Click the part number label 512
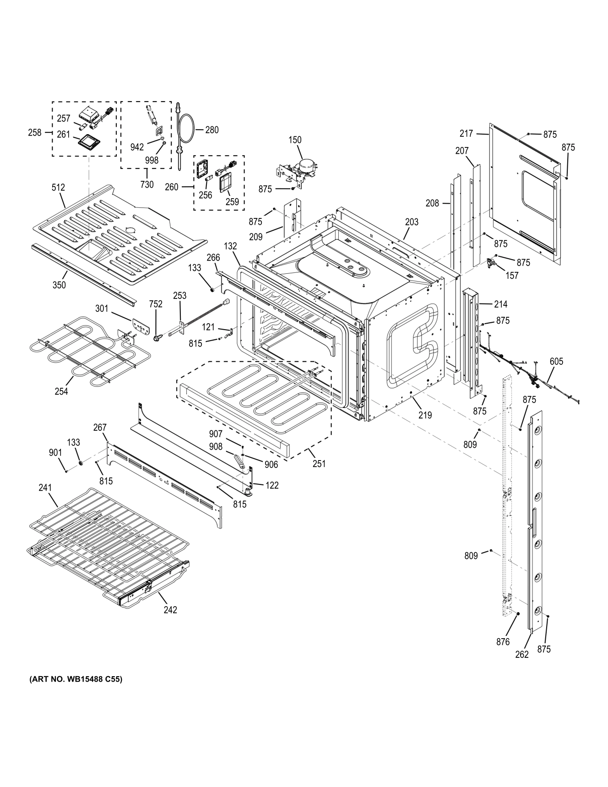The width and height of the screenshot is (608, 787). point(58,187)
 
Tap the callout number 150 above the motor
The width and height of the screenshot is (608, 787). point(295,140)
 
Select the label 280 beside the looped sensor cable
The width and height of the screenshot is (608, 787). point(212,130)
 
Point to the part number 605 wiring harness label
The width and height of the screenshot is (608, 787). point(556,362)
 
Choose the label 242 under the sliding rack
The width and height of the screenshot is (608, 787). point(170,610)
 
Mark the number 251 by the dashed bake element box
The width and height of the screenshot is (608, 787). point(319,463)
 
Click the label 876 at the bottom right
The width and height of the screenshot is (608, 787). point(503,642)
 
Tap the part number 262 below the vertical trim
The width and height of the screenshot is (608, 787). point(522,655)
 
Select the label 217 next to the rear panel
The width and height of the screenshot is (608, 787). point(466,134)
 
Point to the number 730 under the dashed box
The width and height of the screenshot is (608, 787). point(147,185)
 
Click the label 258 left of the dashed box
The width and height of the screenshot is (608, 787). point(34,133)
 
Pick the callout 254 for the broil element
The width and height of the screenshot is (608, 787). point(61,391)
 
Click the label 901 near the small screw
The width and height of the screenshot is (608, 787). point(55,453)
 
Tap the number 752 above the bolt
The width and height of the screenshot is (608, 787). point(156,304)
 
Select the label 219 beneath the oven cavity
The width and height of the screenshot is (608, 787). point(425,415)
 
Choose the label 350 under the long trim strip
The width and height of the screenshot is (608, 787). point(59,285)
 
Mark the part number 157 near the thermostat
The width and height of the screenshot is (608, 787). point(512,276)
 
